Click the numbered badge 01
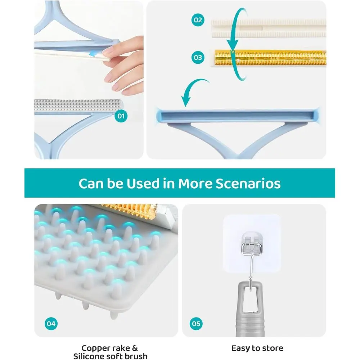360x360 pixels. point(121,116)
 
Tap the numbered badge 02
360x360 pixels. point(198,20)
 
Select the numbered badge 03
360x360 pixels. point(198,57)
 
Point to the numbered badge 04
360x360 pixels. point(51,324)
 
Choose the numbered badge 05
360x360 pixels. point(196,324)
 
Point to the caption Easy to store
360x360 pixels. point(257,348)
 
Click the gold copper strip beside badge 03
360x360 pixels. point(270,58)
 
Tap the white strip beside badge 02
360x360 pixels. point(269,28)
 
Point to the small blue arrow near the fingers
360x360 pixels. point(93,54)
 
